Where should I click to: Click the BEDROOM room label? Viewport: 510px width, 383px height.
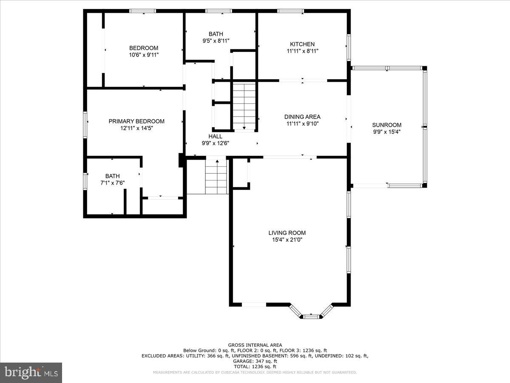pos(144,48)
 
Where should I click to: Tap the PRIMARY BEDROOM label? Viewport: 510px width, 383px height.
pos(136,121)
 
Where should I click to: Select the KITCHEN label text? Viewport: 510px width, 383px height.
pos(302,44)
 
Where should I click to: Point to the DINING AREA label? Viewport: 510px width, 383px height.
pos(302,117)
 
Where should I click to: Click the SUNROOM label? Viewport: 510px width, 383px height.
pos(387,125)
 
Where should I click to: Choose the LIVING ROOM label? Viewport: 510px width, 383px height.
pos(287,233)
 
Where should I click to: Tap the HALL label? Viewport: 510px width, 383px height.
pos(215,136)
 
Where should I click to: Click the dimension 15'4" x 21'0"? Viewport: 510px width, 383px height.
pos(287,240)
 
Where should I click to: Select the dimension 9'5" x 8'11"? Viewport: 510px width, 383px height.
pos(216,41)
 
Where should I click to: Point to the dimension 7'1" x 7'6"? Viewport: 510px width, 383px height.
pos(113,183)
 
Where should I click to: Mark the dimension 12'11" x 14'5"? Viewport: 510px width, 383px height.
pos(136,128)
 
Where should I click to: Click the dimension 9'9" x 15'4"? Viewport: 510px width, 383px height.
pos(387,132)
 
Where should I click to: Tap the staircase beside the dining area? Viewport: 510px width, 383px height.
pos(244,106)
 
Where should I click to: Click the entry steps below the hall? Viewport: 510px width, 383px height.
pos(216,177)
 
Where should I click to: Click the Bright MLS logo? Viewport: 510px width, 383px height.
pos(31,373)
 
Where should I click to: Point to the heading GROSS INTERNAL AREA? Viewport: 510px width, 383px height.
pos(255,345)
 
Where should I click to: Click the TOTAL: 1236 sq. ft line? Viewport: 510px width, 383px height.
pos(255,366)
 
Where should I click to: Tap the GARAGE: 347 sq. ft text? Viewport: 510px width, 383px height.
pos(255,361)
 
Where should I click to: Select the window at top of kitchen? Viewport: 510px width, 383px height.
pos(290,11)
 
